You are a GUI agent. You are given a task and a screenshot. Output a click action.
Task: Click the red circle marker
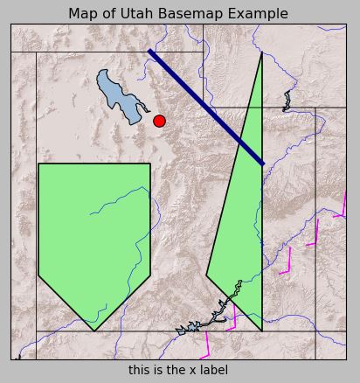pyautogui.click(x=159, y=121)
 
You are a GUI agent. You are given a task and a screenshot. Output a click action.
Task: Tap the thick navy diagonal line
pyautogui.click(x=206, y=107)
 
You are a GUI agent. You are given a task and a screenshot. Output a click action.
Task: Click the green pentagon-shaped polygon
pyautogui.click(x=94, y=236)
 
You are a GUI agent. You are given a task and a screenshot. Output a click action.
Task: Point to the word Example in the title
pyautogui.click(x=257, y=14)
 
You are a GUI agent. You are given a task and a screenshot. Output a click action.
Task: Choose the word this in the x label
pyautogui.click(x=140, y=370)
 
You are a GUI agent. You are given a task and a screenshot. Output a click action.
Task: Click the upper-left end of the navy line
pyautogui.click(x=150, y=52)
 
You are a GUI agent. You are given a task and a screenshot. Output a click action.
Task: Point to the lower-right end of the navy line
pyautogui.click(x=262, y=163)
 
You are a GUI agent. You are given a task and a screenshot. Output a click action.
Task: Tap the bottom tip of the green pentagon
pyautogui.click(x=94, y=331)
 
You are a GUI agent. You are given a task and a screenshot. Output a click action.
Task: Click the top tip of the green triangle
pyautogui.click(x=262, y=52)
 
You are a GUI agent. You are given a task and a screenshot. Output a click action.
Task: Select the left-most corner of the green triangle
pyautogui.click(x=206, y=275)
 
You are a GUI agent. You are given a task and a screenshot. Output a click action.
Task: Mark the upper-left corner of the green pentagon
pyautogui.click(x=38, y=164)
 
